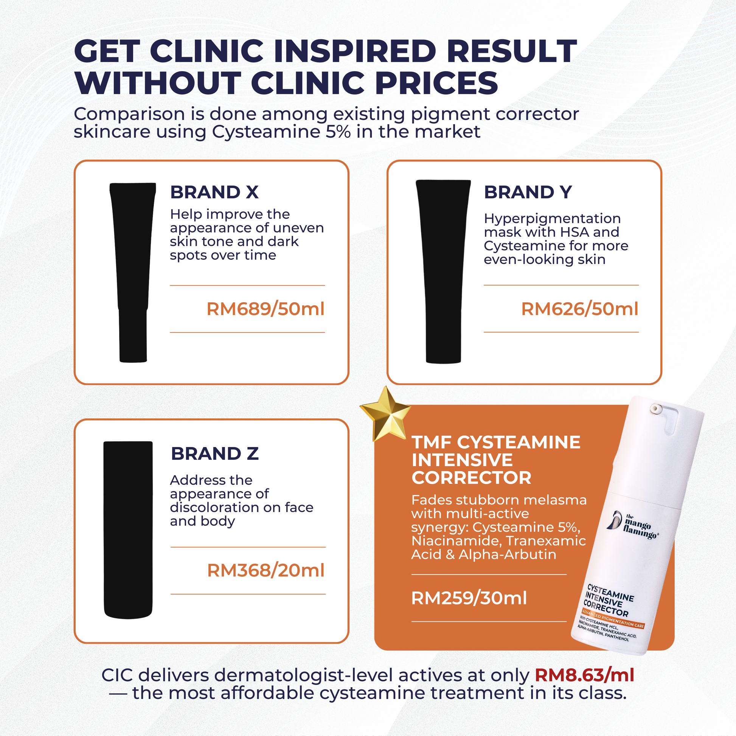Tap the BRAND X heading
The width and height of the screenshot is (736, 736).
[x=214, y=192]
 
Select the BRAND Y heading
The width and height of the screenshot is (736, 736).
[x=528, y=192]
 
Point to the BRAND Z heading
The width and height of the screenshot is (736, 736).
[x=215, y=454]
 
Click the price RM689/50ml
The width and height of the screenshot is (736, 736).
[x=266, y=309]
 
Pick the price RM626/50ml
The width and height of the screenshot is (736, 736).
[x=580, y=309]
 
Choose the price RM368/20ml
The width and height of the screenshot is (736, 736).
[x=266, y=571]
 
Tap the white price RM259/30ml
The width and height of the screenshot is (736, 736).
[x=469, y=598]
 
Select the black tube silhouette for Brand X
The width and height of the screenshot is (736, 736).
[x=133, y=272]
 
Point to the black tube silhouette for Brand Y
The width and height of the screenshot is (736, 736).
[x=443, y=272]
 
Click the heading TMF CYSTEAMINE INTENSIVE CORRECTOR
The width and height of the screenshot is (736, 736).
[x=496, y=460]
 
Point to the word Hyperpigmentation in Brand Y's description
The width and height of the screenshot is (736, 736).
[x=553, y=219]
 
